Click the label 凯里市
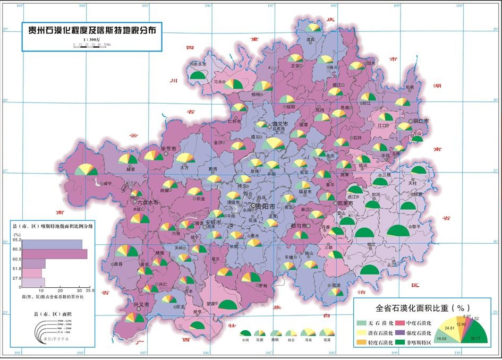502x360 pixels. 346,203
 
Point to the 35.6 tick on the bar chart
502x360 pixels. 89,290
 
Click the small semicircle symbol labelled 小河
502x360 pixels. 245,333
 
